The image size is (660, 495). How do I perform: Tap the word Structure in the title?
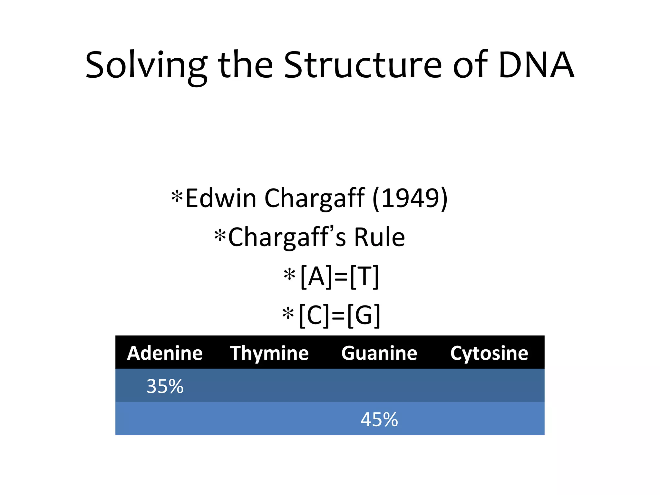363,65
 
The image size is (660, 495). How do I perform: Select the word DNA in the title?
536,65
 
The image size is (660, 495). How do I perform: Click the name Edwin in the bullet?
221,198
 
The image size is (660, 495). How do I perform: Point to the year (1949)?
410,198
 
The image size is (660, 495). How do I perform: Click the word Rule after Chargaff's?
379,237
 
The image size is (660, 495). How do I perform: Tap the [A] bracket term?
316,277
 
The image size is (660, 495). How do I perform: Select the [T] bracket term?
364,277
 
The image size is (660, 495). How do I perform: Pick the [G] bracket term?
364,315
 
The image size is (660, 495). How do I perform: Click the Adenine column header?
165,353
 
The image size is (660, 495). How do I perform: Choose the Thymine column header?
269,353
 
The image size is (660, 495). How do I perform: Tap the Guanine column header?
379,353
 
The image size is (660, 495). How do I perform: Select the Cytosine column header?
489,353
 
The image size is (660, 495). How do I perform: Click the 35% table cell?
165,386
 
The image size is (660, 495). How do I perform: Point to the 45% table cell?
379,419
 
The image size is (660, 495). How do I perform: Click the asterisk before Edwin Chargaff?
177,196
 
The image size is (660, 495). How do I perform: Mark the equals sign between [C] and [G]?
338,316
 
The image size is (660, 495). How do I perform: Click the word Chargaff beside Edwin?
315,199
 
